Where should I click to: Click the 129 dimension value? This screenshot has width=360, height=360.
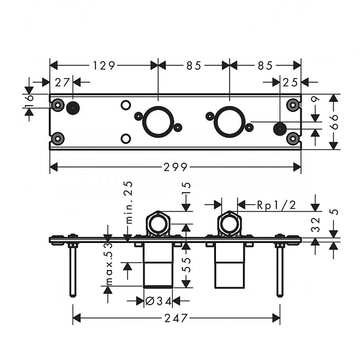(104, 65)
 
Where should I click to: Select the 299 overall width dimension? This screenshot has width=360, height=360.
(175, 167)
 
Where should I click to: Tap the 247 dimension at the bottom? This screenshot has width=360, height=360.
(176, 318)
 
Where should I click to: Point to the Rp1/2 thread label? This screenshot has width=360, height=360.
(277, 205)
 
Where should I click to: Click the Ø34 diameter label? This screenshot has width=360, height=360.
(158, 301)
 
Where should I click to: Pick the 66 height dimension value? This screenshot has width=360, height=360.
(334, 122)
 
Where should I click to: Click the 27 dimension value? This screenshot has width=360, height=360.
(62, 82)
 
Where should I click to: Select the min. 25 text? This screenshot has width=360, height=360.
(130, 203)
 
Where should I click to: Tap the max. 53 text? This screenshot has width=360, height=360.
(110, 264)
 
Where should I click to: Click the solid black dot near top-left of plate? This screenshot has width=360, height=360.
(73, 107)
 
